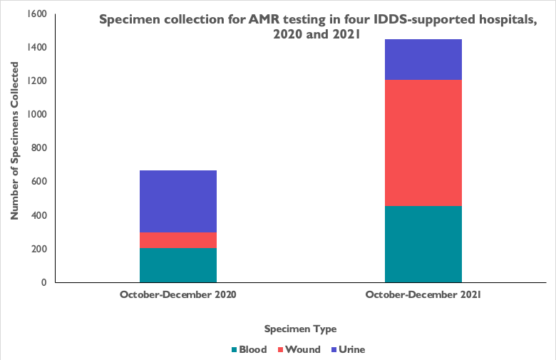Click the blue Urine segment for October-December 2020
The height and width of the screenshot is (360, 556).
(x=178, y=201)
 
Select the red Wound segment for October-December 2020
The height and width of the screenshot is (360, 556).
(x=178, y=240)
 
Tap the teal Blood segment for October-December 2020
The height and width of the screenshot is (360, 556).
(x=178, y=264)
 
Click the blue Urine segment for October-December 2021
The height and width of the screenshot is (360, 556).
(x=423, y=59)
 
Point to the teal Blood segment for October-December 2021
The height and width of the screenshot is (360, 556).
(x=423, y=244)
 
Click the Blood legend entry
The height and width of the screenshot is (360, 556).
(x=249, y=349)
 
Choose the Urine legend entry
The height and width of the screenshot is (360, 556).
(x=347, y=349)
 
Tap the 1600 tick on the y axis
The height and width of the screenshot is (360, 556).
(x=38, y=14)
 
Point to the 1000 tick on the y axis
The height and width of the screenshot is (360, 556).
(x=38, y=114)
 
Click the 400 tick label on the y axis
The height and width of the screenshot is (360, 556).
(x=41, y=215)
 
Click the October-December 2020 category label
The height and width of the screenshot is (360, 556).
(x=178, y=294)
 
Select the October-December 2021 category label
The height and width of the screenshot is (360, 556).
(x=423, y=294)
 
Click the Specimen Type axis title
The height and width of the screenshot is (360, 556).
(x=300, y=329)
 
